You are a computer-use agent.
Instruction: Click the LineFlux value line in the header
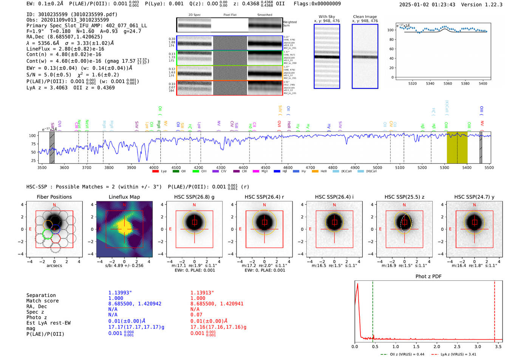(65, 49)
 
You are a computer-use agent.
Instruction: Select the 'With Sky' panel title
(326, 17)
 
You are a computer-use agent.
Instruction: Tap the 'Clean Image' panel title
(365, 17)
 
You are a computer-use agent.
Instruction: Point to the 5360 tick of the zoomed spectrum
(447, 83)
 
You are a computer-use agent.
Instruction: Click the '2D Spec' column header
(194, 15)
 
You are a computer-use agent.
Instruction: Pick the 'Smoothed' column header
(264, 15)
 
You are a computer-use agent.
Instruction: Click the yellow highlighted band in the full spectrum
(457, 148)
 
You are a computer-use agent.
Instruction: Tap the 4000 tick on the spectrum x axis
(154, 167)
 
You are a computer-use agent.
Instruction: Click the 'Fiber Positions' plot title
(54, 197)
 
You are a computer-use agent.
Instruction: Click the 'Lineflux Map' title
(124, 197)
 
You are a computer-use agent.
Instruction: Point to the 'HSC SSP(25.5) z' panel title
(404, 197)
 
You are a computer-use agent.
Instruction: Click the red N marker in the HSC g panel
(194, 205)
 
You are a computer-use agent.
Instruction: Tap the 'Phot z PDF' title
(428, 277)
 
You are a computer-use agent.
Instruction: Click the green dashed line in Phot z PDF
(373, 310)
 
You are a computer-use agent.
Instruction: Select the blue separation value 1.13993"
(120, 293)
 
